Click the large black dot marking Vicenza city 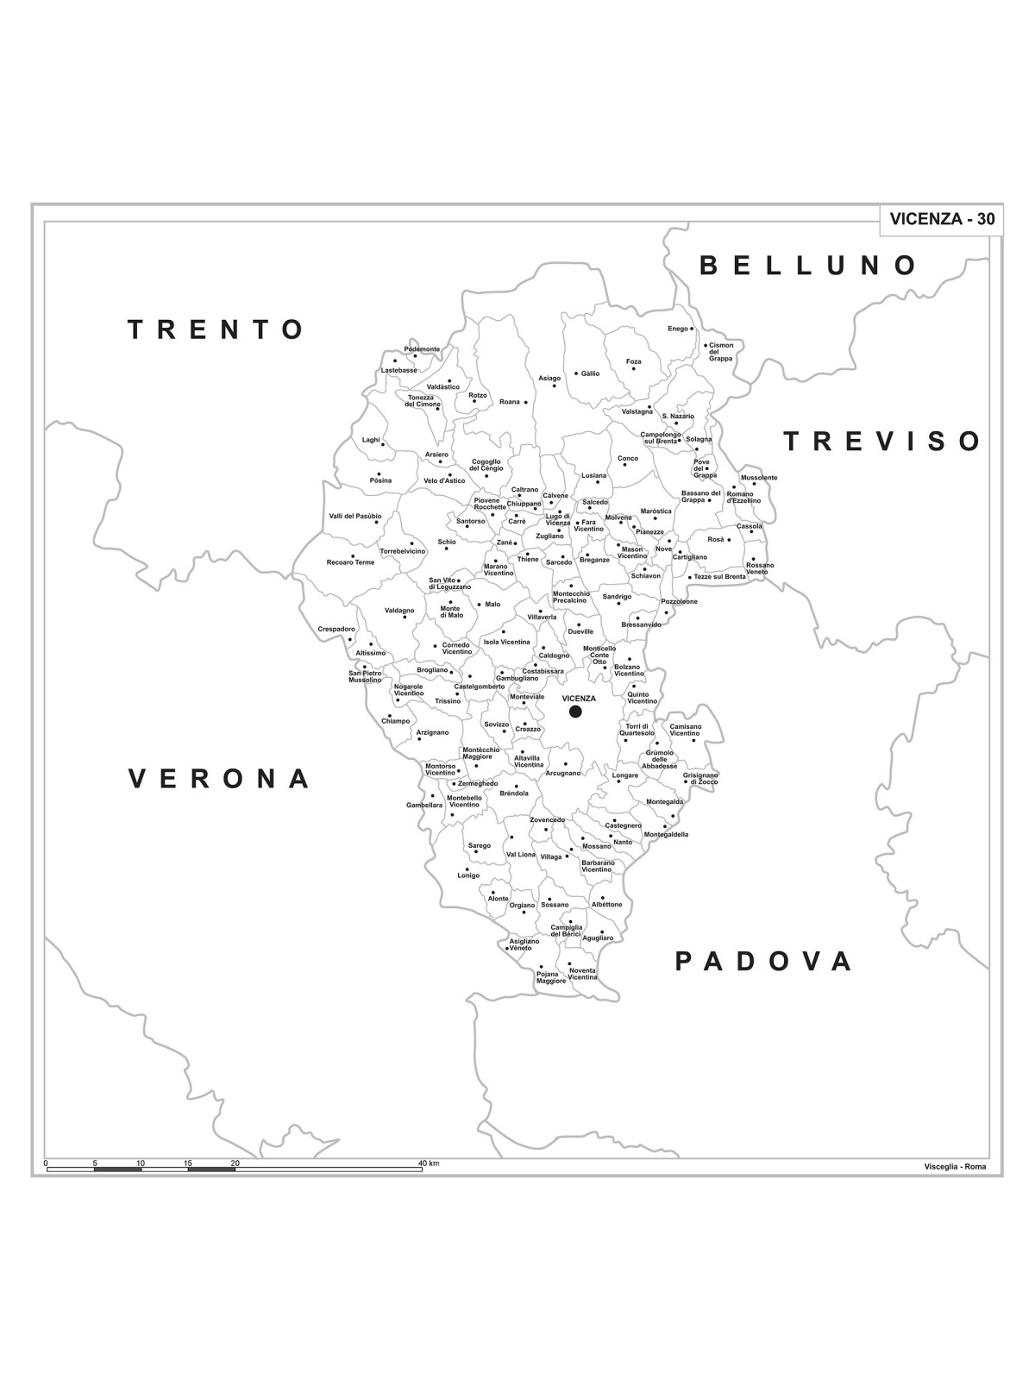coord(575,712)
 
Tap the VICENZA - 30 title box coord(941,219)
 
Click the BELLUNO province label coord(807,265)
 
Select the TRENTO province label coord(216,329)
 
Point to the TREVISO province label coord(882,442)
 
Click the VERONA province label coord(219,779)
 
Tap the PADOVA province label coord(764,961)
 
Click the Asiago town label coord(549,378)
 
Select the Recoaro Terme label coord(350,562)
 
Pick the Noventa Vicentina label coord(582,974)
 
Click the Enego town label coord(677,329)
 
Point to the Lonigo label coord(468,875)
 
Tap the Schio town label coord(446,543)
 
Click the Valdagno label coord(398,611)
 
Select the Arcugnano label coord(562,773)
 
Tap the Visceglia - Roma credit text coord(954,1167)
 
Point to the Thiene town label coord(527,559)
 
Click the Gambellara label coord(424,805)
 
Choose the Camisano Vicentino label coord(686,730)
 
